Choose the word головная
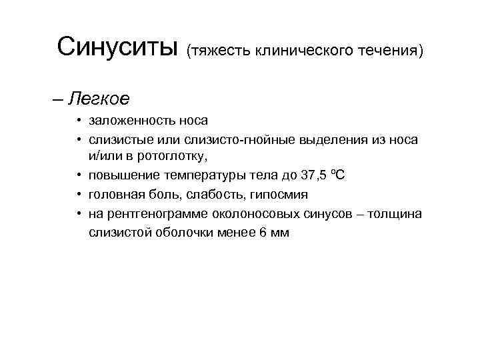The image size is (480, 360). coord(114,194)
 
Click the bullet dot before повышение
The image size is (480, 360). coord(79,175)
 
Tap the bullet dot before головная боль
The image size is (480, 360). coord(79,193)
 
